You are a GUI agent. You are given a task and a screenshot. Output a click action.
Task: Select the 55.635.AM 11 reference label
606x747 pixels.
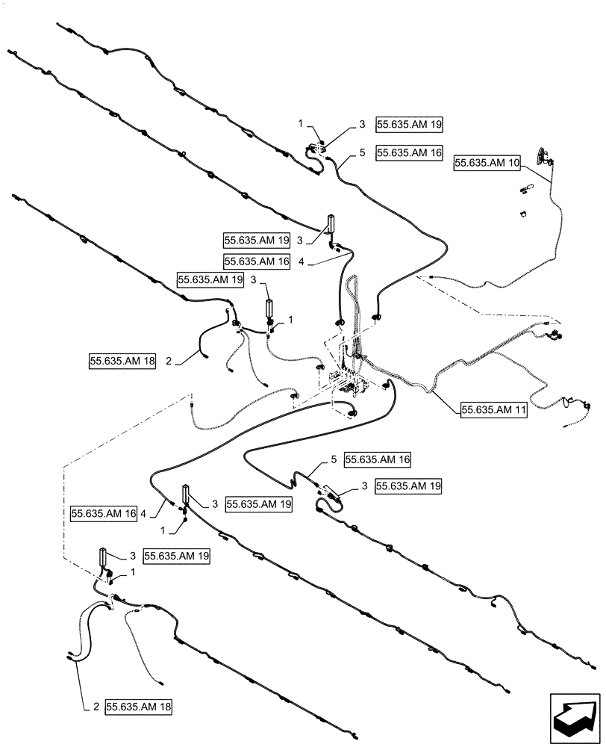pyautogui.click(x=494, y=409)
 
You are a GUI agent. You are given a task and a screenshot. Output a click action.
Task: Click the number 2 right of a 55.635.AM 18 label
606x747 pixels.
pyautogui.click(x=168, y=362)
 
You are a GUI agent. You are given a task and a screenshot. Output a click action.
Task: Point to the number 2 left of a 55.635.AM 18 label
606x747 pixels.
pyautogui.click(x=96, y=706)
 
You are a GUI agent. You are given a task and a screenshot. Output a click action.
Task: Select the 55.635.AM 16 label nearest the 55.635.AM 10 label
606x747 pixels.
pyautogui.click(x=410, y=152)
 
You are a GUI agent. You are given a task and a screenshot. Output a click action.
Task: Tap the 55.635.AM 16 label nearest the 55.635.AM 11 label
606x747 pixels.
pyautogui.click(x=378, y=459)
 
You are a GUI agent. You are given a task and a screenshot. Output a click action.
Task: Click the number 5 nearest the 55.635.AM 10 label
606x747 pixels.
pyautogui.click(x=362, y=152)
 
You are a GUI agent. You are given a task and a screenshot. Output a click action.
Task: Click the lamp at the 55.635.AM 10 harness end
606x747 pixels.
pyautogui.click(x=541, y=155)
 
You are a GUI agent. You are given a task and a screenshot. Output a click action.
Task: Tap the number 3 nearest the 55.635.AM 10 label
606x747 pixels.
pyautogui.click(x=362, y=125)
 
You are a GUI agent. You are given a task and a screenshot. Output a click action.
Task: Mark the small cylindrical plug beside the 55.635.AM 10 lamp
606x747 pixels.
pyautogui.click(x=526, y=187)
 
